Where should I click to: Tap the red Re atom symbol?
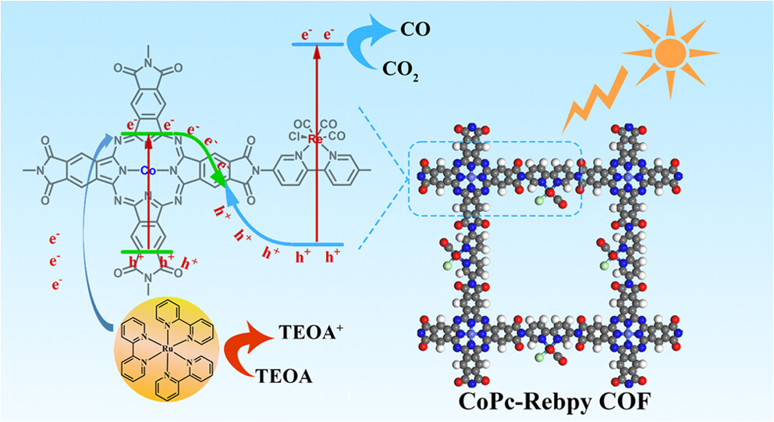tap(316, 139)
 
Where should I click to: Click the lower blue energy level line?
tap(312, 245)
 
